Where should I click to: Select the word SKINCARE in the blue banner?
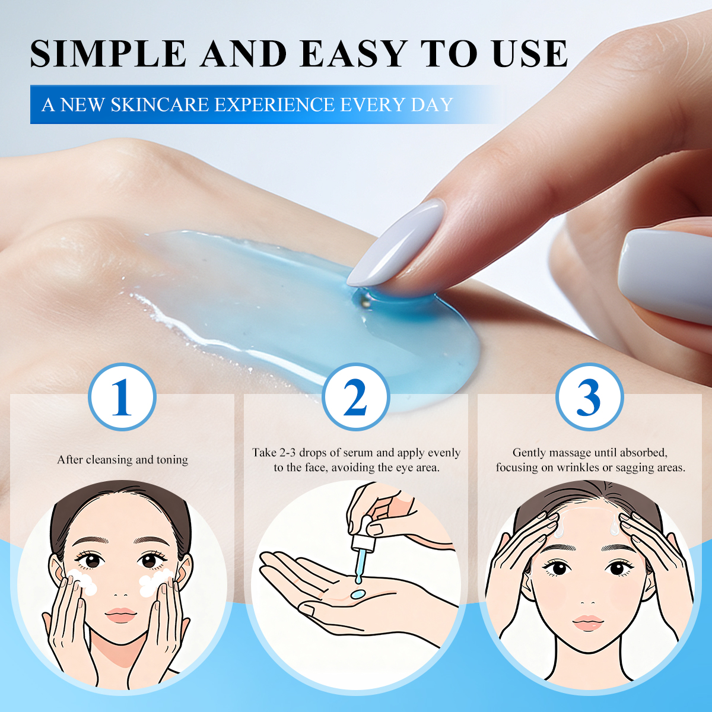pyautogui.click(x=160, y=105)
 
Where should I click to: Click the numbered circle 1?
pyautogui.click(x=122, y=397)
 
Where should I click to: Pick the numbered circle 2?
pyautogui.click(x=355, y=397)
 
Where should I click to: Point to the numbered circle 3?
pyautogui.click(x=589, y=397)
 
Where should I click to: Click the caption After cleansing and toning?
pyautogui.click(x=122, y=460)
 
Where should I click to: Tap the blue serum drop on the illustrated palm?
pyautogui.click(x=358, y=593)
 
